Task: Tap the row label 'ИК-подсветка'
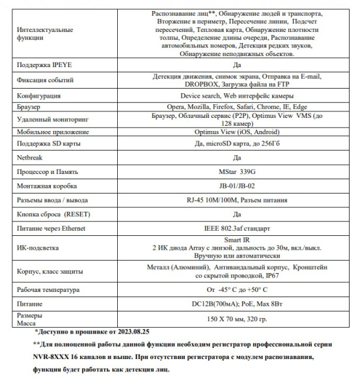tap(38, 248)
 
